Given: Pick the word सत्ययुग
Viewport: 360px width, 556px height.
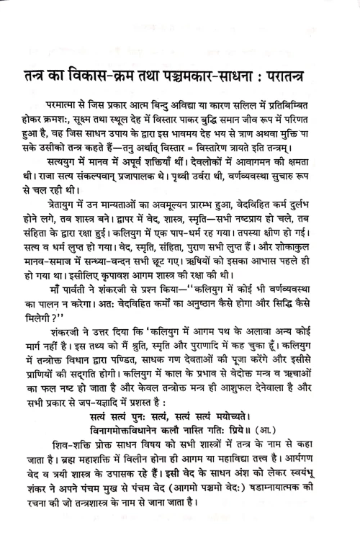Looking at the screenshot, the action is coord(63,164).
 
